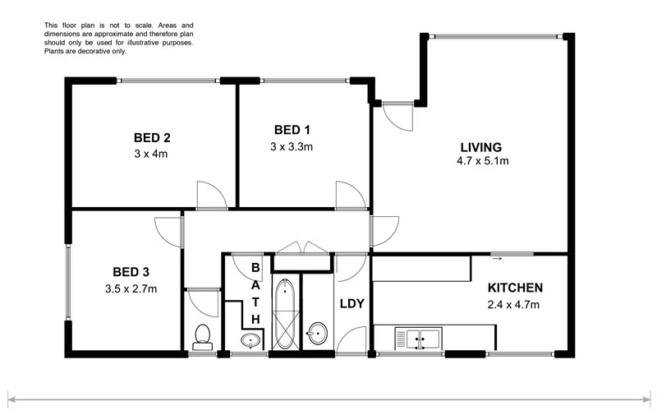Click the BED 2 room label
point(151,137)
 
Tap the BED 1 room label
point(292,130)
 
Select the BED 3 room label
point(130,272)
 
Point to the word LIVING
point(480,147)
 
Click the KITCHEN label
point(515,288)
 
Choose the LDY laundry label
point(351,304)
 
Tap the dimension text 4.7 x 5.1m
point(483,161)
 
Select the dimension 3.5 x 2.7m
point(131,288)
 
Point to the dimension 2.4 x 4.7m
point(515,305)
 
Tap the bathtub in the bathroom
point(287,316)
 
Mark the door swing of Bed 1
point(351,196)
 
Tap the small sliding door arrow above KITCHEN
point(497,259)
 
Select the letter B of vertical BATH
point(255,268)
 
